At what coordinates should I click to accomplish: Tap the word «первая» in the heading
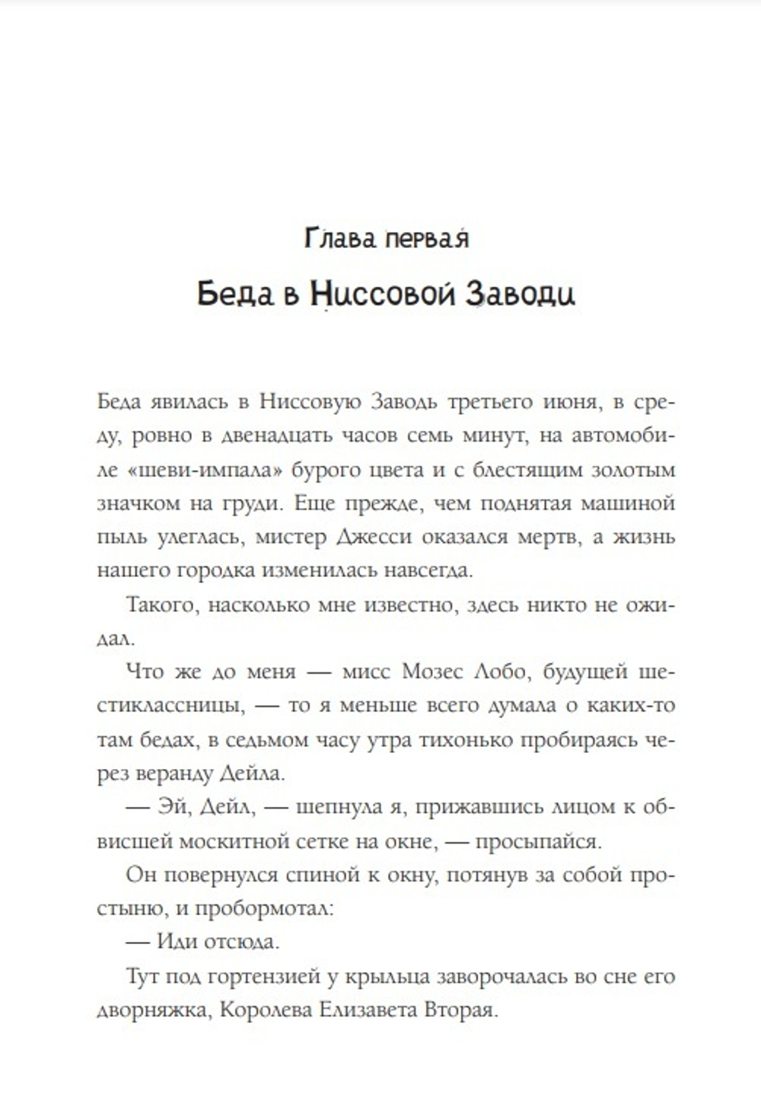click(x=426, y=239)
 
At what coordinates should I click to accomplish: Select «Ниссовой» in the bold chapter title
click(x=385, y=294)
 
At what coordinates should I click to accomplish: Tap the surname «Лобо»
click(x=500, y=672)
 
